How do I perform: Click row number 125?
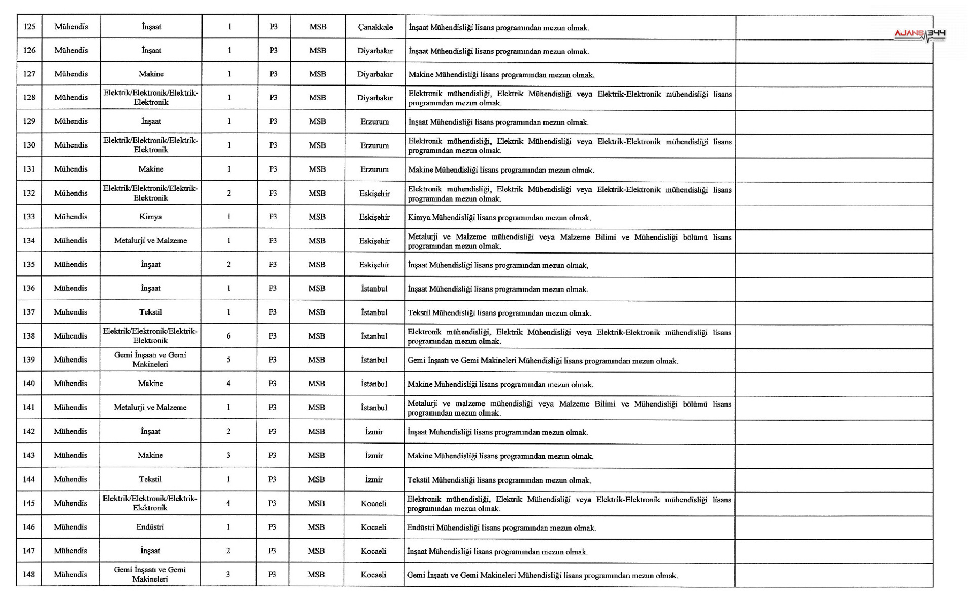coord(29,27)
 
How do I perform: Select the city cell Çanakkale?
coord(375,27)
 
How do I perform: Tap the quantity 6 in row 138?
coord(228,336)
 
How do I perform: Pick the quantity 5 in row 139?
coord(228,359)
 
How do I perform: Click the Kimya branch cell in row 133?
coord(151,217)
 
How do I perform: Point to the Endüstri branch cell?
coord(150,527)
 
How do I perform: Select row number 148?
coord(29,575)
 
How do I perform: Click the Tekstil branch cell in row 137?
coord(151,312)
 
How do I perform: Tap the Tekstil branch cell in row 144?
coord(150,479)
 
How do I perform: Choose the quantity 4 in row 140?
coord(228,383)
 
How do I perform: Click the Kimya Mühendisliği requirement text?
coord(499,218)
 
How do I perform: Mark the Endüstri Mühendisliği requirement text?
coord(501,528)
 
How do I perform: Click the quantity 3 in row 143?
coord(228,455)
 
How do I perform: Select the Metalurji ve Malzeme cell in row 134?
coord(150,240)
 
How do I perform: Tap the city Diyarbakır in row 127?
coord(375,74)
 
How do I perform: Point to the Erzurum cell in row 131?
coord(375,169)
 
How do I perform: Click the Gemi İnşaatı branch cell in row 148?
coord(150,575)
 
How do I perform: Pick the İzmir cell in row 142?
coord(374,431)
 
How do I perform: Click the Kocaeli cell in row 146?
coord(374,527)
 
